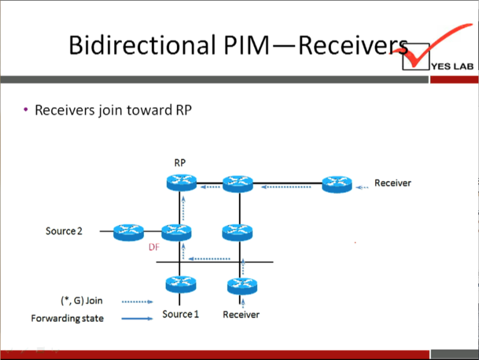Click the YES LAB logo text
pyautogui.click(x=452, y=67)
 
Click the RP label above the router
pyautogui.click(x=180, y=163)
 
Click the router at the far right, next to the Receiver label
pyautogui.click(x=337, y=184)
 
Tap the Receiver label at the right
pyautogui.click(x=392, y=183)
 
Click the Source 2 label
pyautogui.click(x=64, y=231)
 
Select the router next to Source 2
pyautogui.click(x=129, y=232)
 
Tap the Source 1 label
pyautogui.click(x=181, y=314)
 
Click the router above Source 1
pyautogui.click(x=181, y=284)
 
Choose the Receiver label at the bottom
pyautogui.click(x=241, y=315)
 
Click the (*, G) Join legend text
pyautogui.click(x=82, y=301)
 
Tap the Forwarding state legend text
pyautogui.click(x=67, y=319)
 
